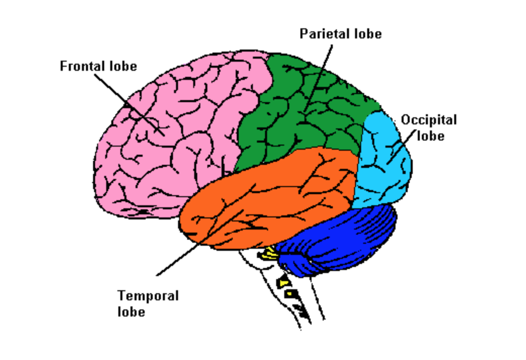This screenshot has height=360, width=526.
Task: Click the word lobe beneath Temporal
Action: tap(131, 311)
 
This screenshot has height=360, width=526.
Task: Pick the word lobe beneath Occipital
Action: tap(430, 136)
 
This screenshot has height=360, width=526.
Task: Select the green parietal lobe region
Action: tap(303, 116)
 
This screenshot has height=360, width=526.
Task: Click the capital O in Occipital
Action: tap(406, 120)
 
